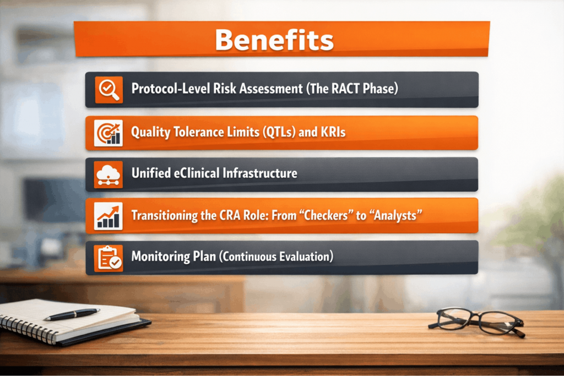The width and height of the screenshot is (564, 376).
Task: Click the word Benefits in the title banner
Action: tap(274, 40)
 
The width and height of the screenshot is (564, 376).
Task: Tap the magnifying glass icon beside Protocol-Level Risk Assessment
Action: tap(109, 90)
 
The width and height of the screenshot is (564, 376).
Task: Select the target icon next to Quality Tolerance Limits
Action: tap(109, 133)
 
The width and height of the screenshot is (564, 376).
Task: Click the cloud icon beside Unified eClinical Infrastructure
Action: tap(109, 175)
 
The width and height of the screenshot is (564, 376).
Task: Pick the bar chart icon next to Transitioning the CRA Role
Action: tap(109, 216)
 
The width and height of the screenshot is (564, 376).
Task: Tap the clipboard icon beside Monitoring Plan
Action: tap(109, 258)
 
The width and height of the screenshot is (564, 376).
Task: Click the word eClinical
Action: tap(197, 173)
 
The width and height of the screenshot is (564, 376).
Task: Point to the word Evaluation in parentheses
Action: tap(306, 257)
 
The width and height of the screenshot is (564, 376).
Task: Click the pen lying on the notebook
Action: tap(72, 314)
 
